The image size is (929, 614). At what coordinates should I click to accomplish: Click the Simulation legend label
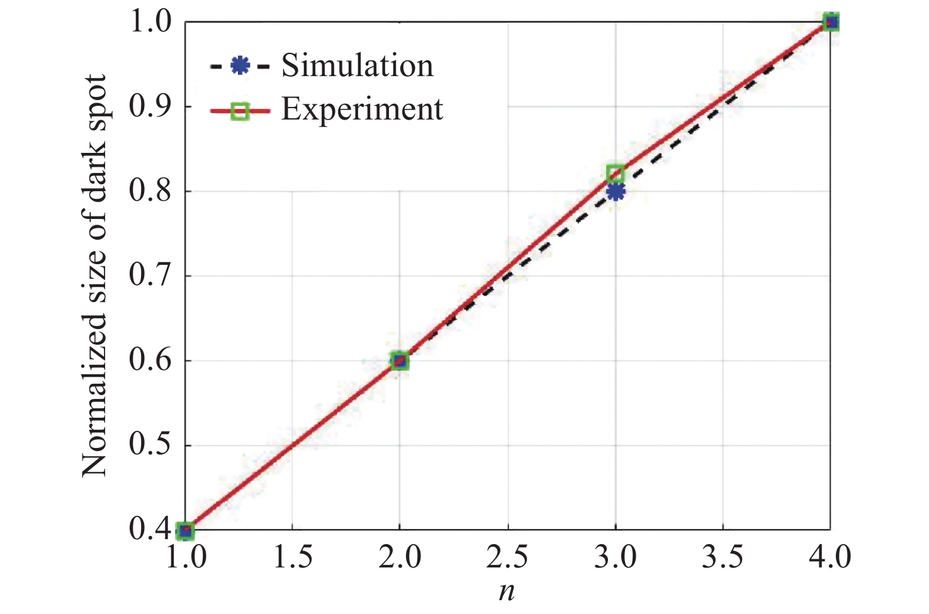[x=357, y=65]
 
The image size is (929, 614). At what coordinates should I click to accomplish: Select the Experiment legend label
[x=362, y=109]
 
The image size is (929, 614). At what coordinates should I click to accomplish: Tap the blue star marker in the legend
[x=240, y=65]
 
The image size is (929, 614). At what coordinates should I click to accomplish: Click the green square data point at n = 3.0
[x=615, y=173]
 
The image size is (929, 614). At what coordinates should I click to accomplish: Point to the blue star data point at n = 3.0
[x=616, y=191]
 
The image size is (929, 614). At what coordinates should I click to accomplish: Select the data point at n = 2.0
[x=400, y=360]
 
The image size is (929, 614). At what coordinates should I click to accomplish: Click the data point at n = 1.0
[x=185, y=530]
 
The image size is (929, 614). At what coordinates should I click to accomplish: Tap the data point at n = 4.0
[x=831, y=22]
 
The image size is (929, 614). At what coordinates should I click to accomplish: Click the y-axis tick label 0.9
[x=150, y=106]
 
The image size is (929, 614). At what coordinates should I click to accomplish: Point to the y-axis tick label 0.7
[x=150, y=276]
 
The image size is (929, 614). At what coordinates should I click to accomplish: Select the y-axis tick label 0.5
[x=150, y=445]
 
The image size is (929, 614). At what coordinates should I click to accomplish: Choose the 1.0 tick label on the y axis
[x=150, y=22]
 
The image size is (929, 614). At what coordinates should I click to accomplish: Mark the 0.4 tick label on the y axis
[x=150, y=530]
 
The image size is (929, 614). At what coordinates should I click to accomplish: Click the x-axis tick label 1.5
[x=293, y=557]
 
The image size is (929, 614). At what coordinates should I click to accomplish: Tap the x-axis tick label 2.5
[x=507, y=557]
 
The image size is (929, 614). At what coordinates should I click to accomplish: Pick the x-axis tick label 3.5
[x=723, y=557]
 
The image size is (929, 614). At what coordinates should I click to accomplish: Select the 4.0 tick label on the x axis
[x=830, y=557]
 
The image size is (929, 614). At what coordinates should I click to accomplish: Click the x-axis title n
[x=507, y=592]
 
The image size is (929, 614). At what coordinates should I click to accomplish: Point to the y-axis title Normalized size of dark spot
[x=94, y=276]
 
